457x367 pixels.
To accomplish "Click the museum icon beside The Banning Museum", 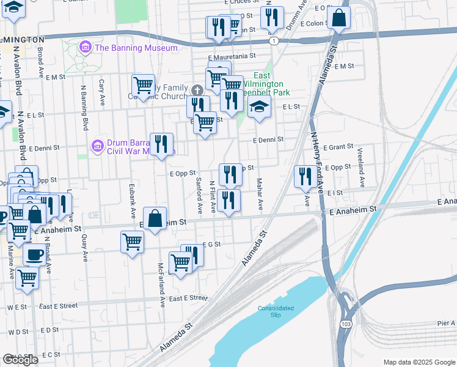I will click(x=85, y=48).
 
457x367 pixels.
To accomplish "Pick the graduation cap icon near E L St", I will click(x=260, y=107).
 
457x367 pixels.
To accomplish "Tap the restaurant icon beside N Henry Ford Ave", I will click(x=305, y=176).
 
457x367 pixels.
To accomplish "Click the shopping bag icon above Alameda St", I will click(x=338, y=18).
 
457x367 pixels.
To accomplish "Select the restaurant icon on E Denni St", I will click(x=161, y=144).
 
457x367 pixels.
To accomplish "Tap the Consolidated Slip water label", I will click(x=276, y=311).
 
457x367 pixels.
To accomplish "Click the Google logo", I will click(x=20, y=360).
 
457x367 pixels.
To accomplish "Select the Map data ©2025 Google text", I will click(x=419, y=362).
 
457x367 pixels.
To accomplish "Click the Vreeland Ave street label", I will click(x=362, y=176).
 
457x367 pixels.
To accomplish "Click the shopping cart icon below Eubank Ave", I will click(x=133, y=242).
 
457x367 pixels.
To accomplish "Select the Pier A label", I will click(x=446, y=323).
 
